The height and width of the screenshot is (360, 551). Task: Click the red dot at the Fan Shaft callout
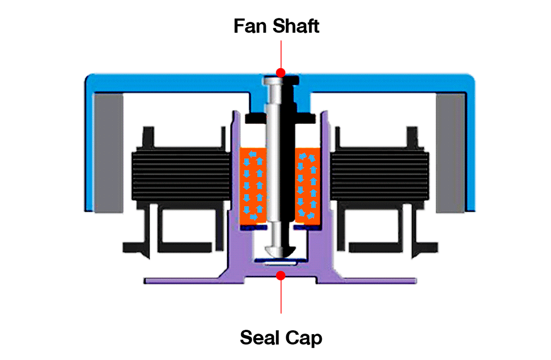tap(280, 72)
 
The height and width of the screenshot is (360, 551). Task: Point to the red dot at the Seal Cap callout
tap(280, 276)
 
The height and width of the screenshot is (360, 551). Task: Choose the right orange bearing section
tap(308, 186)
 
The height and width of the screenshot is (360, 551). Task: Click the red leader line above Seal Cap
tap(280, 296)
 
